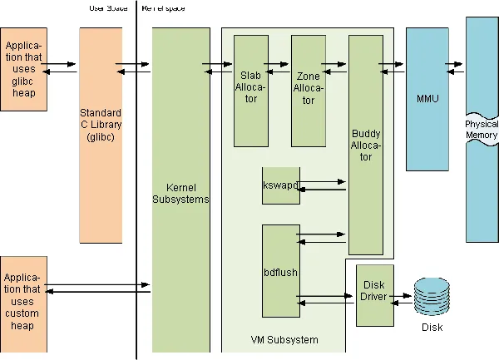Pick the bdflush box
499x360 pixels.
[280, 271]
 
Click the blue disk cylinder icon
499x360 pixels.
[430, 298]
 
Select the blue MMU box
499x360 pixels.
[427, 100]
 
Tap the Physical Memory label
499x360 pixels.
[482, 130]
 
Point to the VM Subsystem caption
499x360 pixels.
[284, 339]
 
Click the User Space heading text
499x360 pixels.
[108, 8]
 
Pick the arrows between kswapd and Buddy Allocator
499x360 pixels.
[322, 185]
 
